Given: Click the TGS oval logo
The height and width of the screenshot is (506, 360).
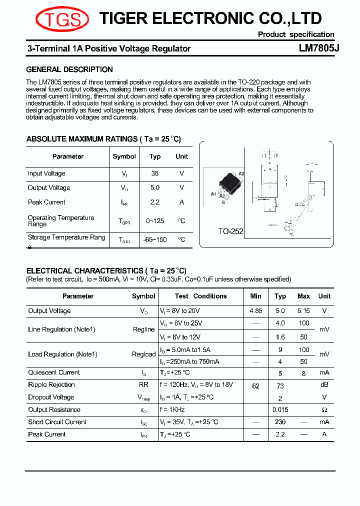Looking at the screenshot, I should pyautogui.click(x=62, y=19).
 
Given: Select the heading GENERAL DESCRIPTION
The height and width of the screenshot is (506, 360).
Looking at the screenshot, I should pyautogui.click(x=69, y=69).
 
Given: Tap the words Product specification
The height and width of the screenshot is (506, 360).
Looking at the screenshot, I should pyautogui.click(x=296, y=34).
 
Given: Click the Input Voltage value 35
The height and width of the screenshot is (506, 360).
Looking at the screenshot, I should pyautogui.click(x=155, y=173).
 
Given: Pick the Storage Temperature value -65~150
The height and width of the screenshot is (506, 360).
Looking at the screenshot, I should pyautogui.click(x=155, y=239).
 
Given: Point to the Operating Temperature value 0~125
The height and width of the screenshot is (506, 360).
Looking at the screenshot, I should pyautogui.click(x=155, y=220).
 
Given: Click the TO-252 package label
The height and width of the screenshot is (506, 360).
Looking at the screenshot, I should pyautogui.click(x=230, y=231).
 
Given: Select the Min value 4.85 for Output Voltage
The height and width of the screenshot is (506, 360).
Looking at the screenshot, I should pyautogui.click(x=255, y=310).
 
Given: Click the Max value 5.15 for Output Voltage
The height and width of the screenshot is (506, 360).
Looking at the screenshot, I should pyautogui.click(x=303, y=310).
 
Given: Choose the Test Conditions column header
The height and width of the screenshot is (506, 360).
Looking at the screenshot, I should pyautogui.click(x=201, y=296).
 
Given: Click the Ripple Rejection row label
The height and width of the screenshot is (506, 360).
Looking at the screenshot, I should pyautogui.click(x=51, y=384).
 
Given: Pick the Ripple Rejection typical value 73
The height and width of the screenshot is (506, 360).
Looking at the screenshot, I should pyautogui.click(x=280, y=386).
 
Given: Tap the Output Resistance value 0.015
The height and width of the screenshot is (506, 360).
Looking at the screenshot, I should pyautogui.click(x=280, y=410).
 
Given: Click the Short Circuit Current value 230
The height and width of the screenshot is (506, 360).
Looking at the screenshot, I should pyautogui.click(x=280, y=422).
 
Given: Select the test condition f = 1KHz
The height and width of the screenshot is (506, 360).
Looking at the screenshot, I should pyautogui.click(x=172, y=409).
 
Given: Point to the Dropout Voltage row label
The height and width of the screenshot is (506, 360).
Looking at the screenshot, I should pyautogui.click(x=51, y=397).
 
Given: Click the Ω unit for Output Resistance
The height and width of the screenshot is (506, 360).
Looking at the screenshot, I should pyautogui.click(x=324, y=410).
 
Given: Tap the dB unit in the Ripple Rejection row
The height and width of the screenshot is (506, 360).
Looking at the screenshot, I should pyautogui.click(x=324, y=384).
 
